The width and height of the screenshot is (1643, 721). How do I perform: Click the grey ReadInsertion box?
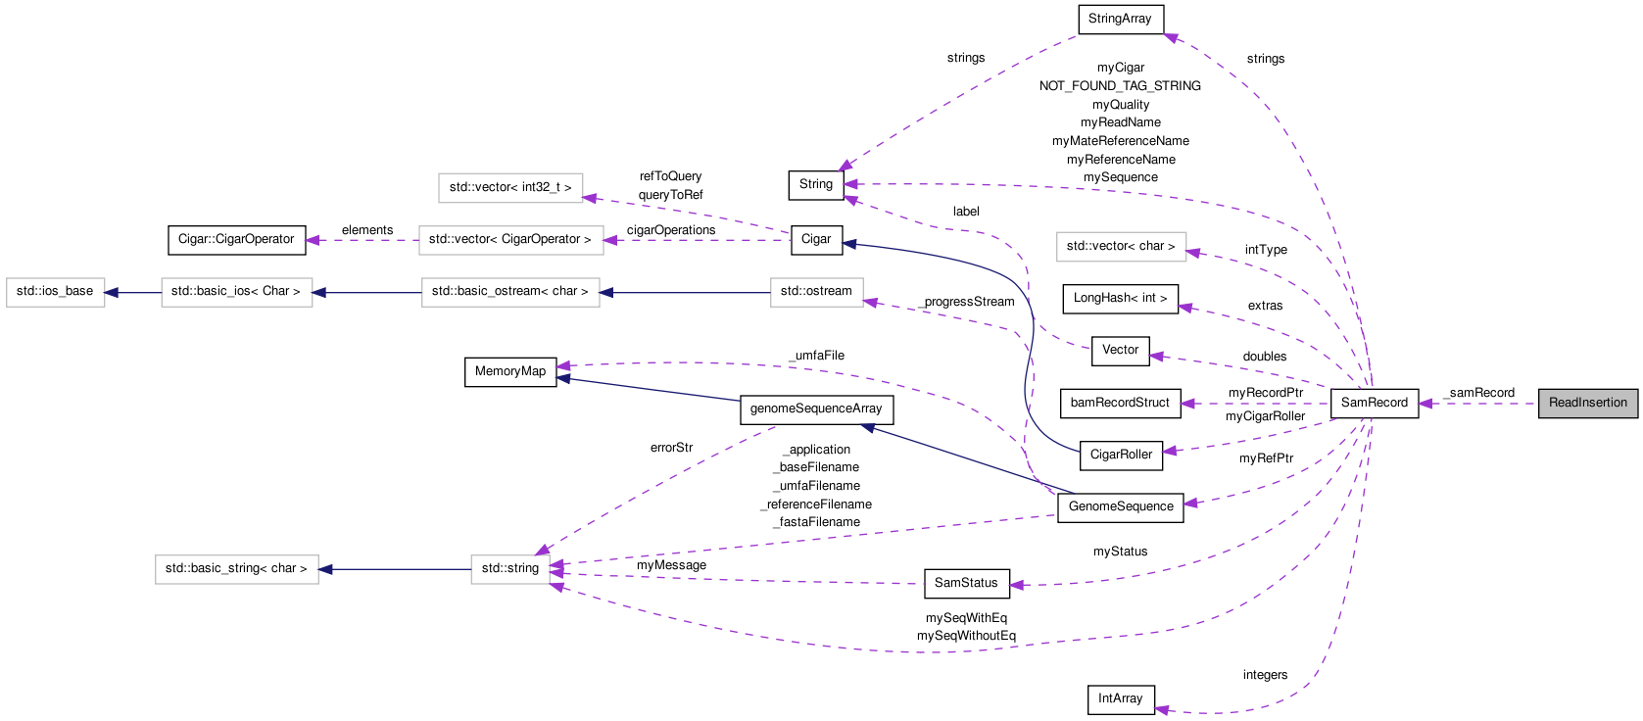pyautogui.click(x=1587, y=403)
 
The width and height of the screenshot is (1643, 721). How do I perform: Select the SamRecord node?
pyautogui.click(x=1374, y=403)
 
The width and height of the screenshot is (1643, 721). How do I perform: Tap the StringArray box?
pyautogui.click(x=1120, y=19)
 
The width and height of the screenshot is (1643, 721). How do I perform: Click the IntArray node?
pyautogui.click(x=1120, y=698)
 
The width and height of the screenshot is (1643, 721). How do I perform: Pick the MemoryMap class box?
pyautogui.click(x=509, y=371)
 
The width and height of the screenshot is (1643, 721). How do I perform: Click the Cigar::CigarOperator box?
pyautogui.click(x=236, y=239)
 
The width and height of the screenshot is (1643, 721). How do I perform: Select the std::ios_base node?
pyautogui.click(x=55, y=292)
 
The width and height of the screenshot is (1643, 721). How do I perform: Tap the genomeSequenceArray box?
pyautogui.click(x=815, y=409)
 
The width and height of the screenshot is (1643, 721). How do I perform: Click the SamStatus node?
pyautogui.click(x=965, y=583)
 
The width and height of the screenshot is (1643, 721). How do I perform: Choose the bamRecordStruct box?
pyautogui.click(x=1120, y=403)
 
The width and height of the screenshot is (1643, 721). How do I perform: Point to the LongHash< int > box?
pyautogui.click(x=1120, y=298)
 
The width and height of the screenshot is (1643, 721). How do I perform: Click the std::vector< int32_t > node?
pyautogui.click(x=510, y=187)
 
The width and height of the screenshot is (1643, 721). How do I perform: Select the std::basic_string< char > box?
pyautogui.click(x=236, y=568)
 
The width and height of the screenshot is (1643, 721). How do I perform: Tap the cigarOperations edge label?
pyautogui.click(x=671, y=230)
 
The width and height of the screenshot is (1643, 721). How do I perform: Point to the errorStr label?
pyautogui.click(x=671, y=448)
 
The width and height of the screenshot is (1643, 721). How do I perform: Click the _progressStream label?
pyautogui.click(x=967, y=302)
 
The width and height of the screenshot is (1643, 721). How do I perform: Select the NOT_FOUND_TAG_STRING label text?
pyautogui.click(x=1120, y=86)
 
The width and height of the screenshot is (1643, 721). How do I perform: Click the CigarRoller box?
pyautogui.click(x=1120, y=455)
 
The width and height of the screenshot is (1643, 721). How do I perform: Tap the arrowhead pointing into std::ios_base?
pyautogui.click(x=112, y=292)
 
